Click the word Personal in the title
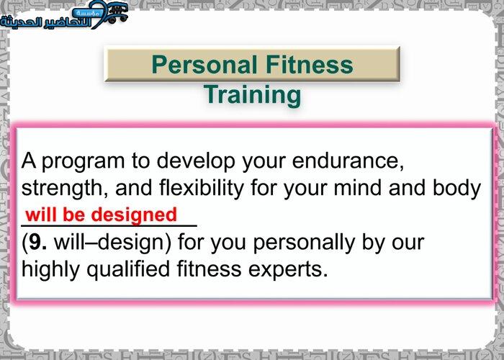point(204,64)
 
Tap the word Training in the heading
point(252,95)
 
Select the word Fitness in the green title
point(309,64)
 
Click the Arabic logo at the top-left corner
point(63,14)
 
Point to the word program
point(83,162)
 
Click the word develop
point(196,161)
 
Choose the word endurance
point(348,161)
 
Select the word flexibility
point(201,189)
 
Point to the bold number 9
point(37,243)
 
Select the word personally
point(304,243)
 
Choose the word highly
point(50,270)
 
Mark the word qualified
point(128,270)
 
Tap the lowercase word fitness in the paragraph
point(210,269)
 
